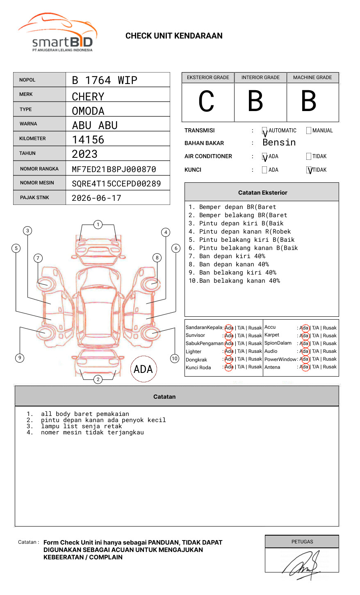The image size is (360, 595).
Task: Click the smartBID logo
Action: click(57, 33)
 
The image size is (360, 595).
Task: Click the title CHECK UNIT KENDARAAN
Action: click(174, 36)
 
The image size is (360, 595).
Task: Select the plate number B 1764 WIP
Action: click(105, 80)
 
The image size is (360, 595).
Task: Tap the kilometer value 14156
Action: click(88, 140)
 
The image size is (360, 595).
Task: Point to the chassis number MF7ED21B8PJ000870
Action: click(114, 169)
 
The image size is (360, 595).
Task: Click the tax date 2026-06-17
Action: click(97, 198)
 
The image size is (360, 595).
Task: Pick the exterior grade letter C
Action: click(207, 102)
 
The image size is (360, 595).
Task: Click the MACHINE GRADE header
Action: click(312, 77)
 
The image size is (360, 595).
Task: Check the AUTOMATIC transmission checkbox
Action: click(265, 131)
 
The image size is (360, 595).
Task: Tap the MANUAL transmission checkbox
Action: click(309, 131)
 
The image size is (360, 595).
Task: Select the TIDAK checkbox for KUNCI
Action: click(309, 170)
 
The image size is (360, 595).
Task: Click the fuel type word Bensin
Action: click(279, 143)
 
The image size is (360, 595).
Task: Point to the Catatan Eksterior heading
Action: click(262, 193)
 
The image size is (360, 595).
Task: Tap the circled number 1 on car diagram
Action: click(98, 225)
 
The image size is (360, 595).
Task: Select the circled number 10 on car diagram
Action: click(175, 359)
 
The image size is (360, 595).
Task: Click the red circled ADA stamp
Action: click(143, 369)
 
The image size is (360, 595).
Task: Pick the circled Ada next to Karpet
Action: click(304, 336)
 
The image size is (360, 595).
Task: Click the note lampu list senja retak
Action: click(81, 426)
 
